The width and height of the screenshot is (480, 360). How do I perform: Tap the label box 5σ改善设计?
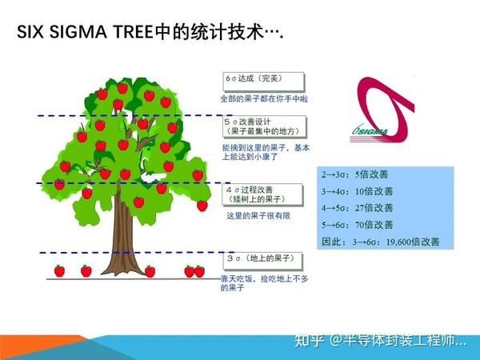[x=263, y=126]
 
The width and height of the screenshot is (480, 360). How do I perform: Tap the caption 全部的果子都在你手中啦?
[x=264, y=98]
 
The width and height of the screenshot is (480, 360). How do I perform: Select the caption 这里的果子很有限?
[x=255, y=216]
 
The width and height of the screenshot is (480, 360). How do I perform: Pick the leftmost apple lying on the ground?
[x=59, y=270]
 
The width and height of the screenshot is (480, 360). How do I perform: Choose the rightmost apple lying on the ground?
[x=200, y=271]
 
